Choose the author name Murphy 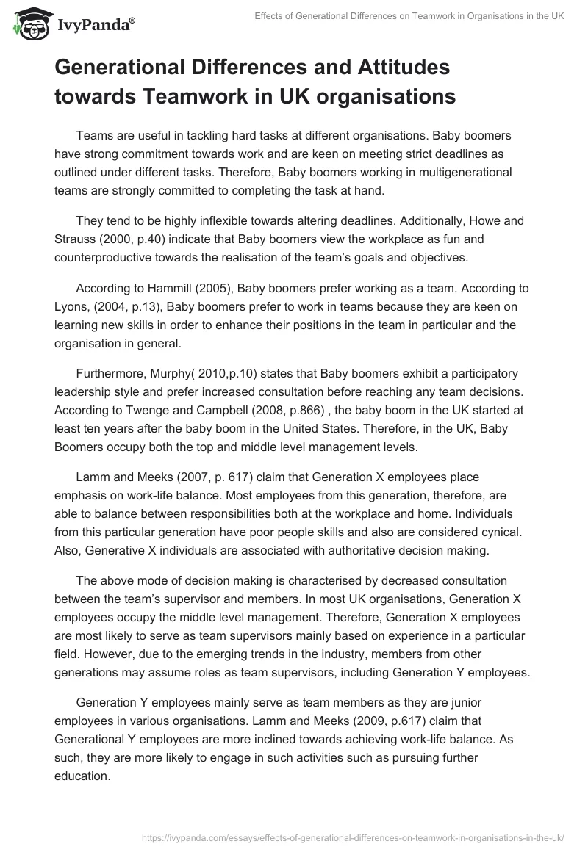167,373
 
